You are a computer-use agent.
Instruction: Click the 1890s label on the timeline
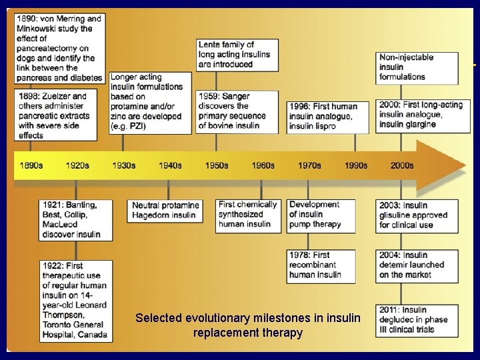tap(31, 165)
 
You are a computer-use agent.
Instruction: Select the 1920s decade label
tap(77, 165)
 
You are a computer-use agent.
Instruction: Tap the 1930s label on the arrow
tap(124, 165)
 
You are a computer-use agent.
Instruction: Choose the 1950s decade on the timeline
tap(217, 165)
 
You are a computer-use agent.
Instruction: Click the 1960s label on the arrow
tap(263, 165)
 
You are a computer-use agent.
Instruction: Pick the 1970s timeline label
tap(309, 165)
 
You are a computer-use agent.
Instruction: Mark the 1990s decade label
tap(356, 165)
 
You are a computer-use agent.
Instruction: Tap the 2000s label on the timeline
tap(402, 165)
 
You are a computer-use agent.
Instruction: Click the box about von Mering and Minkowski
tap(59, 48)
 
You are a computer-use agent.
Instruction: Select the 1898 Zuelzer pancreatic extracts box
tap(59, 115)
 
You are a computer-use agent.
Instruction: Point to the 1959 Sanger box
tap(237, 111)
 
